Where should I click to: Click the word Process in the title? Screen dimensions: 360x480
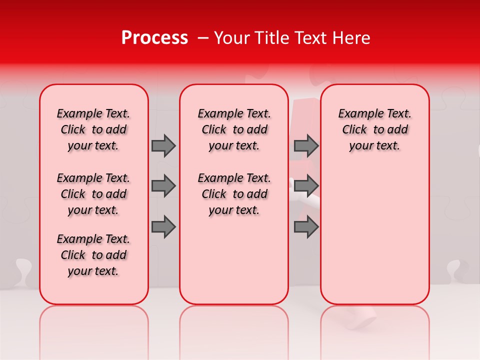(154, 38)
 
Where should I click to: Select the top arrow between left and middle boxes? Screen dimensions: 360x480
(163, 145)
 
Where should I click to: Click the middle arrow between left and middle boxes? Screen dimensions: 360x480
(163, 186)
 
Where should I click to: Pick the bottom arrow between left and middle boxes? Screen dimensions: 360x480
(163, 227)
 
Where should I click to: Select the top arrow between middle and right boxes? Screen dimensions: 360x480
(306, 145)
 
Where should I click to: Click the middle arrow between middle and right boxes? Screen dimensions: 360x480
(306, 186)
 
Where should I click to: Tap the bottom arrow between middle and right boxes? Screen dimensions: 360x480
(306, 227)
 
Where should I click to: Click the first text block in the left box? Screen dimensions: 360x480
(93, 129)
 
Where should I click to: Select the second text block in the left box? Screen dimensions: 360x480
(93, 194)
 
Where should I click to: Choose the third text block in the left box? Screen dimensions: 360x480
(93, 255)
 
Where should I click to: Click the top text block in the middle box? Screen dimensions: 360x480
(234, 129)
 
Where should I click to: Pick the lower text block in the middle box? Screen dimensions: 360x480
(234, 194)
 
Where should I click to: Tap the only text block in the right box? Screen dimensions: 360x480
(375, 129)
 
